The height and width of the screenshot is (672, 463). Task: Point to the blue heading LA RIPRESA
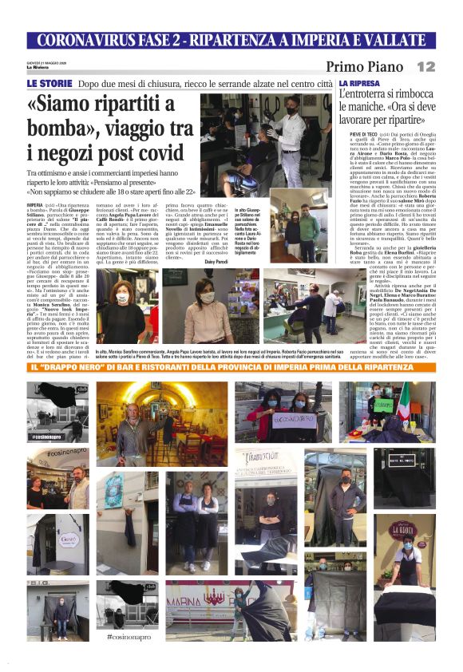point(360,83)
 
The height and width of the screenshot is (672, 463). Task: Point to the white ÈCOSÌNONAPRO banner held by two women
point(283,417)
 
